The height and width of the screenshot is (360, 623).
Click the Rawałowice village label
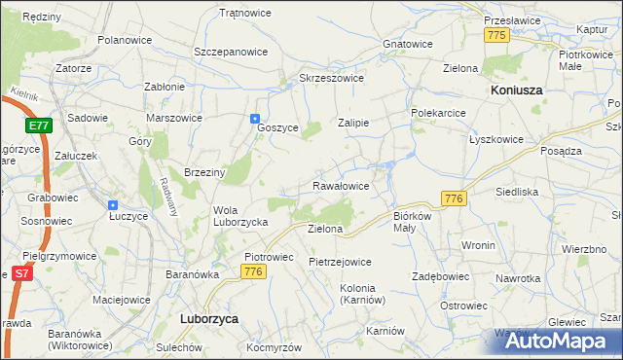(x=340, y=185)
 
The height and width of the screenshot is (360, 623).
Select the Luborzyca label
(x=210, y=318)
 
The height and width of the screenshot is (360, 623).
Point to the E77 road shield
(x=39, y=126)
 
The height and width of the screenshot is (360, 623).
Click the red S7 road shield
(x=21, y=275)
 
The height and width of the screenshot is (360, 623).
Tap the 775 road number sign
(x=496, y=35)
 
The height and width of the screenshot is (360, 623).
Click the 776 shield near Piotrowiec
(x=254, y=271)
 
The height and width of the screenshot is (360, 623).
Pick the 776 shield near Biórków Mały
(x=453, y=198)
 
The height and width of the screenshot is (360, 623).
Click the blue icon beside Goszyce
(x=255, y=119)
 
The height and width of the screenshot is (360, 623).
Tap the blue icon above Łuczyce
(x=113, y=205)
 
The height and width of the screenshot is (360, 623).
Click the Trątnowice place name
(x=245, y=14)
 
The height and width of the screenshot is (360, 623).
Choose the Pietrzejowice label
(x=340, y=262)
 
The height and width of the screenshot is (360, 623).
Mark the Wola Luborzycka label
(x=239, y=215)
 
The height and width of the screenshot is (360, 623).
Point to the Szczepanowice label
(x=231, y=51)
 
